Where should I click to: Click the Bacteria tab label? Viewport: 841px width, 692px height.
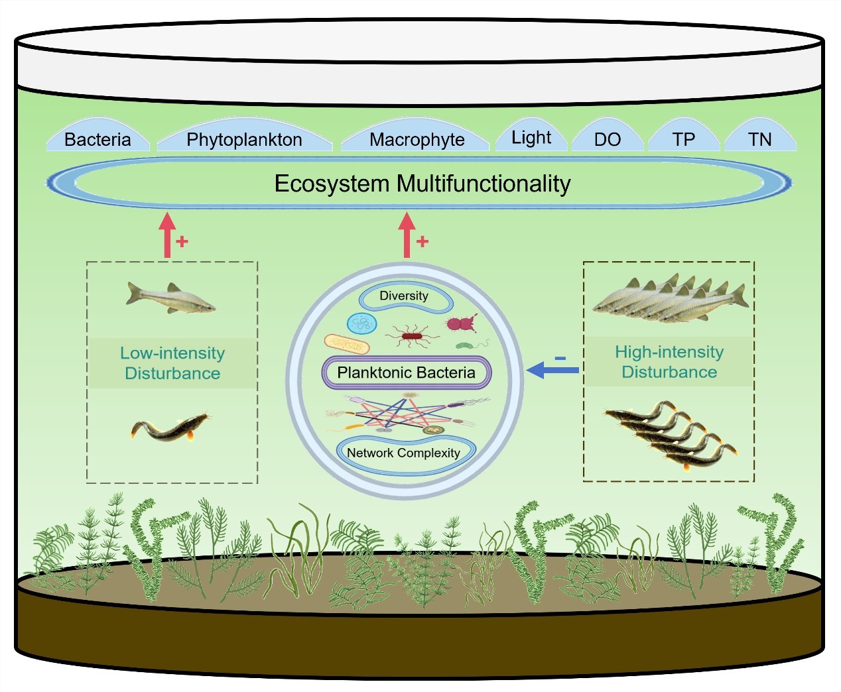click(x=97, y=139)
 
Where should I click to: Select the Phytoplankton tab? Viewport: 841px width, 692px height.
click(x=244, y=139)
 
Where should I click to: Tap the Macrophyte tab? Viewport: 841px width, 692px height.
click(x=417, y=139)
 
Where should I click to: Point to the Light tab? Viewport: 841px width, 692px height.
click(x=531, y=137)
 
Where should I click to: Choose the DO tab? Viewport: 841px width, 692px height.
click(x=607, y=139)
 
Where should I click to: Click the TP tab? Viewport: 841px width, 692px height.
click(x=683, y=139)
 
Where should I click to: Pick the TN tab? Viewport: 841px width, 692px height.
click(x=759, y=139)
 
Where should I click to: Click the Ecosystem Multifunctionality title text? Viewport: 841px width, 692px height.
click(x=422, y=184)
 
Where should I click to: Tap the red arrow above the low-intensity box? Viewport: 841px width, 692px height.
click(x=167, y=235)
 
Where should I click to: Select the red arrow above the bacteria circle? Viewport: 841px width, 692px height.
click(x=407, y=235)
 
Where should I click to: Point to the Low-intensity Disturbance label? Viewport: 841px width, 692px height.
click(x=172, y=363)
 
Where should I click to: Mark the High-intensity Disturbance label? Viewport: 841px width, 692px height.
click(x=669, y=362)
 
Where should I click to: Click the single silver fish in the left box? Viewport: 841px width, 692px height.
click(x=170, y=298)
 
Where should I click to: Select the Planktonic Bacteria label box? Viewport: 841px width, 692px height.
click(x=406, y=373)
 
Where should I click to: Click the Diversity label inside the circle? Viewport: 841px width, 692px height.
click(x=404, y=296)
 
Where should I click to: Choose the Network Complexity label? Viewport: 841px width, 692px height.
click(x=403, y=453)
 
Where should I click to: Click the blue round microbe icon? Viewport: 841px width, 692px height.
click(x=361, y=323)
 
